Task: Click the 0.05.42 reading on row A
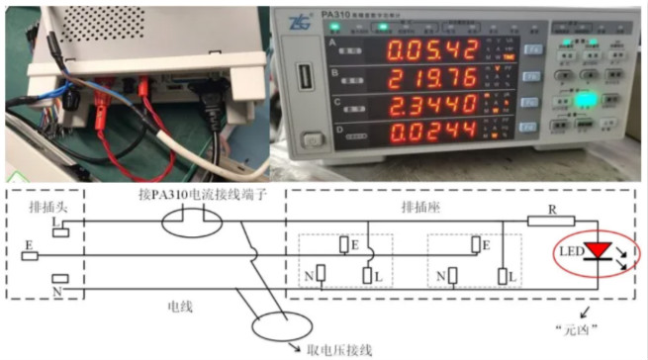click(432, 49)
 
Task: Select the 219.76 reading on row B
click(432, 77)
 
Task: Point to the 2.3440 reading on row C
click(432, 105)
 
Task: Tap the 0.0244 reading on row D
click(432, 132)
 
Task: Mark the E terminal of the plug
click(30, 255)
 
